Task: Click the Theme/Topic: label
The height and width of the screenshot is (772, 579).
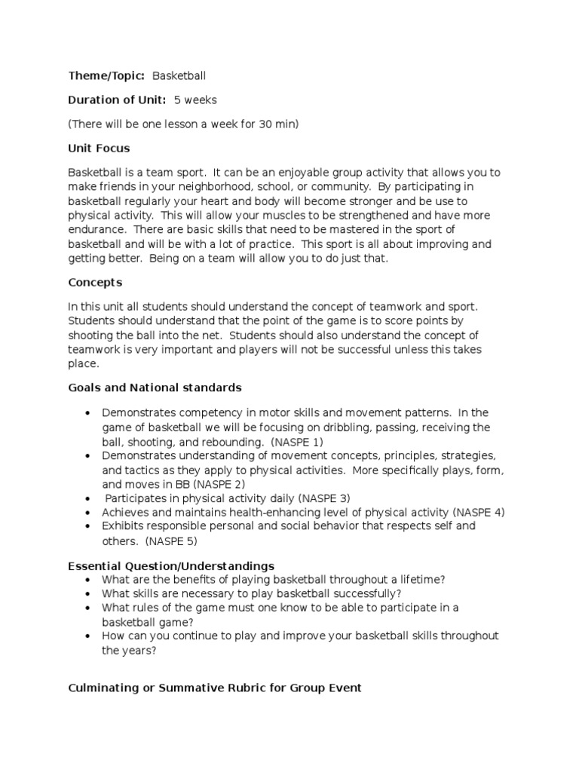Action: click(106, 75)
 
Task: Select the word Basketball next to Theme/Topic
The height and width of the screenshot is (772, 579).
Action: click(179, 75)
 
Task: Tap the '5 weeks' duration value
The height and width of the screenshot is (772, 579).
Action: click(196, 100)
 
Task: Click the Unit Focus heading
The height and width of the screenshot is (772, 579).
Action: click(99, 149)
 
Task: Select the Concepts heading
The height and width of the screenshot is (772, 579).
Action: click(95, 282)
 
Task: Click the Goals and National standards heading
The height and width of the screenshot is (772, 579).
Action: click(155, 388)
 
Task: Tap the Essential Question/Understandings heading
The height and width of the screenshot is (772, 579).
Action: click(171, 565)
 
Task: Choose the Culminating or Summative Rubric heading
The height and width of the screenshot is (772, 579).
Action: click(215, 688)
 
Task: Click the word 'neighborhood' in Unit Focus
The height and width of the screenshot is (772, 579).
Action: click(220, 186)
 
